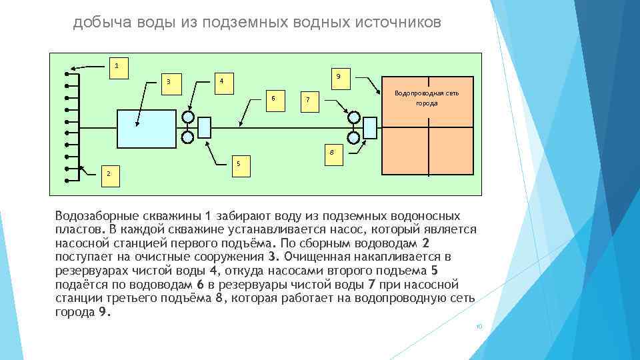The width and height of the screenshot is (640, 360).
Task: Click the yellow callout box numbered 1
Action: (x=117, y=67)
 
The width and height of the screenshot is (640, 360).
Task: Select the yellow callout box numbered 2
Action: (x=111, y=174)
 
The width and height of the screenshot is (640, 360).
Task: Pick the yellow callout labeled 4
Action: (x=222, y=82)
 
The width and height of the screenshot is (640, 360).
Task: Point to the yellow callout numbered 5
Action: (x=238, y=163)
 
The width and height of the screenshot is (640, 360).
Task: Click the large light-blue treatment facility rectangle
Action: (x=145, y=128)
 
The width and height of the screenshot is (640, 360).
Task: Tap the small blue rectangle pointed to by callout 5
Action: (x=205, y=128)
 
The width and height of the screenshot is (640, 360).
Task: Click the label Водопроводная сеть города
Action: (x=427, y=98)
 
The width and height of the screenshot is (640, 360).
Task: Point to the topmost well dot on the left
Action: (x=67, y=73)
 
